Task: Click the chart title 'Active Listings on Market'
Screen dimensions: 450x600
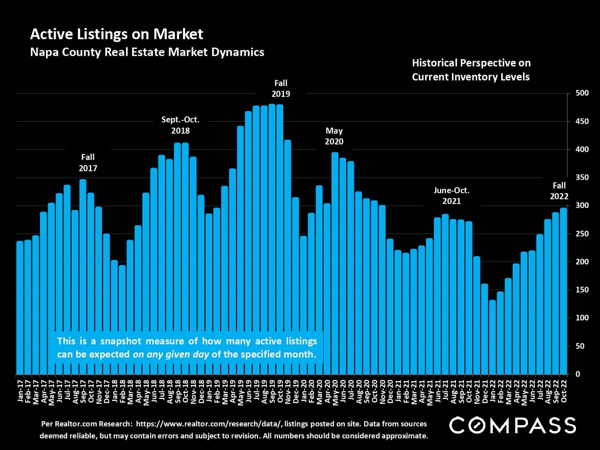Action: tap(116, 34)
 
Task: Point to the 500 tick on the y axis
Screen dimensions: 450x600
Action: tap(582, 93)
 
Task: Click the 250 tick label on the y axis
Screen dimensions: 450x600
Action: tap(582, 234)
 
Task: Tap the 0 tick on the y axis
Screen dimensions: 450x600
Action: tap(578, 374)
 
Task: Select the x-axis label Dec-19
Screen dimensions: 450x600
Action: tap(296, 390)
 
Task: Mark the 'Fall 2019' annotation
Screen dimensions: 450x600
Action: tap(281, 88)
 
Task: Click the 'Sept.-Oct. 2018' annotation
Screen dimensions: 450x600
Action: tap(180, 125)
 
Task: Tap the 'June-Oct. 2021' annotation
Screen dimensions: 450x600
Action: tap(452, 196)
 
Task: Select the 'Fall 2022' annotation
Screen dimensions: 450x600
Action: tap(559, 191)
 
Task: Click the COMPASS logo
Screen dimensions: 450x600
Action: tap(512, 425)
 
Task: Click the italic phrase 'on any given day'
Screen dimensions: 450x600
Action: tap(171, 354)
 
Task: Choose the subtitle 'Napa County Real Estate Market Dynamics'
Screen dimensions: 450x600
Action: tap(147, 52)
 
